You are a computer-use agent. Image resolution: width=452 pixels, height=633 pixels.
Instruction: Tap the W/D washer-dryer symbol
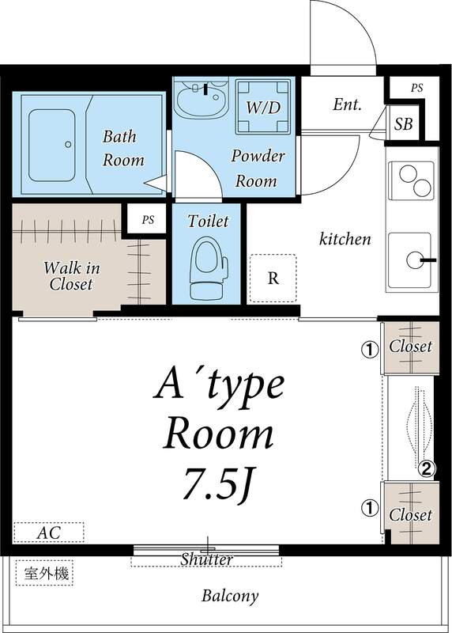263,107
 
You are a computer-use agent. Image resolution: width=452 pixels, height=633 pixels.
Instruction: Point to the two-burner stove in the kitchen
411,180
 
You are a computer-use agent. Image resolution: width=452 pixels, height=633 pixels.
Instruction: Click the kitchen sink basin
409,260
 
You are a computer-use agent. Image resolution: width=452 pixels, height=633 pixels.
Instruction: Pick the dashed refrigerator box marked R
273,279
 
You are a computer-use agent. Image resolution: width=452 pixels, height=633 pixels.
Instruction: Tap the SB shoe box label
403,124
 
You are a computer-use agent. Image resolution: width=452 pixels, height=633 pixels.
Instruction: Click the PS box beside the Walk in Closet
148,220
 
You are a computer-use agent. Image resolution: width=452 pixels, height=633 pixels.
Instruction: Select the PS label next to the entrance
417,88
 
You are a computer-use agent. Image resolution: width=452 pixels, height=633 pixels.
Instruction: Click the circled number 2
427,468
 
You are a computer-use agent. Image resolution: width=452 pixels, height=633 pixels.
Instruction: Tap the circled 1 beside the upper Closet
369,348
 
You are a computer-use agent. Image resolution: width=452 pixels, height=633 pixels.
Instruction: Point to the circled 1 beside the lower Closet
369,507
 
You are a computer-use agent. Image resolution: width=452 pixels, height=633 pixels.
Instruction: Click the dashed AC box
49,533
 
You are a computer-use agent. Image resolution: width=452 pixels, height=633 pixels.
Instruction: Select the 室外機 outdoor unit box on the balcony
45,573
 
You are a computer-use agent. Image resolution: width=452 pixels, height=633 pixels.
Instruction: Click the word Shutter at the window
206,559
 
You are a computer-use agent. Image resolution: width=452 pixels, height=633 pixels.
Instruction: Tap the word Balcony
230,597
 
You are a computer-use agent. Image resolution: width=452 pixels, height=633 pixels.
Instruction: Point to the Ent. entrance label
347,105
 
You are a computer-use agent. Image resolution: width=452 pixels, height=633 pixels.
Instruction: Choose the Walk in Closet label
71,276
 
